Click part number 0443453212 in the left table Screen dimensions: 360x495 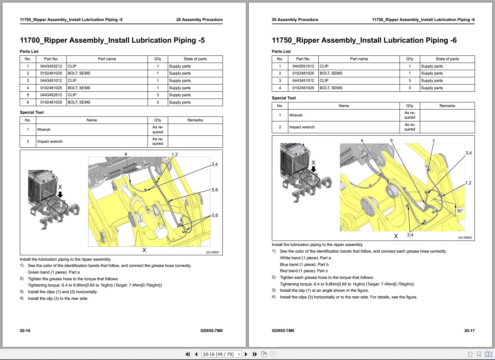coord(51,66)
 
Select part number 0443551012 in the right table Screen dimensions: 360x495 coord(303,66)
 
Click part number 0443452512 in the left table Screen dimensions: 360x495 coord(51,95)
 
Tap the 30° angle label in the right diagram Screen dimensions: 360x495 coord(460,211)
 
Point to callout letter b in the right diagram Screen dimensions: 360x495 coord(391,140)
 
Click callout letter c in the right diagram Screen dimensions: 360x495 coord(433,140)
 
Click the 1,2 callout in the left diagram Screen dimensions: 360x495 coord(175,154)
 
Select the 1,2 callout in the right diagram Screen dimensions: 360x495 coord(468,183)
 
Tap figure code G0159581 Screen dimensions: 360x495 coord(213,252)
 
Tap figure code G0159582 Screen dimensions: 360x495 coord(465,238)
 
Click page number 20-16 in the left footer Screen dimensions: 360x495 coord(25,331)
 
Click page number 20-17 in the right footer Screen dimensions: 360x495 coord(469,331)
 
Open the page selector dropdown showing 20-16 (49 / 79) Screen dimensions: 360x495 coord(222,354)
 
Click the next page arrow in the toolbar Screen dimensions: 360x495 coord(246,354)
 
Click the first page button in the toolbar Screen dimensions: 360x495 coord(188,354)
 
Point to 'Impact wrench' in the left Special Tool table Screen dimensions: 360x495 coord(50,141)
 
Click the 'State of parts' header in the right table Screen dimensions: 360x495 coord(447,59)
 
